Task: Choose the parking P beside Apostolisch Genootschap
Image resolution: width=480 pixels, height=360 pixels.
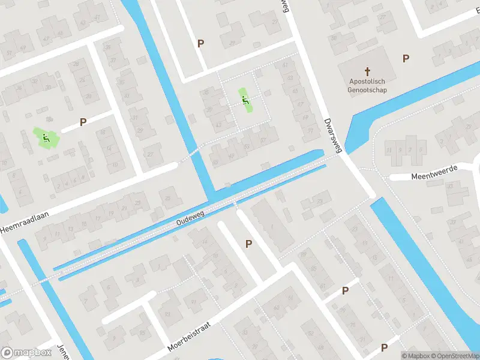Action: click(406, 58)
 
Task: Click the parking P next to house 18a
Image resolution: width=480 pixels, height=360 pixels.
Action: click(83, 122)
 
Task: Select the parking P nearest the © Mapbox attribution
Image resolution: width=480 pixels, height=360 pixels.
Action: click(385, 347)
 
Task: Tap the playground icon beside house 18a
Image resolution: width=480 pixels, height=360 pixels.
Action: click(45, 138)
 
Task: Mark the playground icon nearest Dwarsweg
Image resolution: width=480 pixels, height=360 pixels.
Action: click(245, 100)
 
